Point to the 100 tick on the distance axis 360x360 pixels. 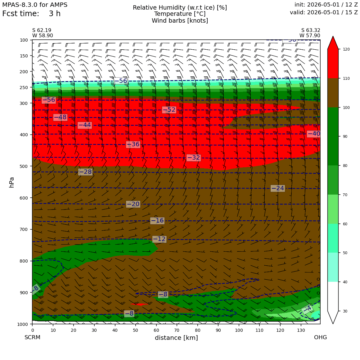point(239,331)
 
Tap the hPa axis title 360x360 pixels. point(11,182)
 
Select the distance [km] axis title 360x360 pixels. point(176,338)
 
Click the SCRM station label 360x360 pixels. point(32,337)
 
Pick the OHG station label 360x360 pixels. point(321,337)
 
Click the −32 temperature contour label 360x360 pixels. point(194,158)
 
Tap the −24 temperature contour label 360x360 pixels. point(278,188)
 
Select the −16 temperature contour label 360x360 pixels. point(157,221)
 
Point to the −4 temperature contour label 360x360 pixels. point(307,308)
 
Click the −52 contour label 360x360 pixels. point(169,110)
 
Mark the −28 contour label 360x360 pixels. point(85,172)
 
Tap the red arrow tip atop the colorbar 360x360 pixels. point(333,36)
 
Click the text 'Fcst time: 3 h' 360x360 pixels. point(31,14)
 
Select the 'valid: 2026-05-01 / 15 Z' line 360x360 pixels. point(324,12)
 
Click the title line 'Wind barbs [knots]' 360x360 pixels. point(180,21)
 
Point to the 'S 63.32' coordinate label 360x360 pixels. point(311,30)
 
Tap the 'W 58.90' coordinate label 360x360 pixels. point(43,36)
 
